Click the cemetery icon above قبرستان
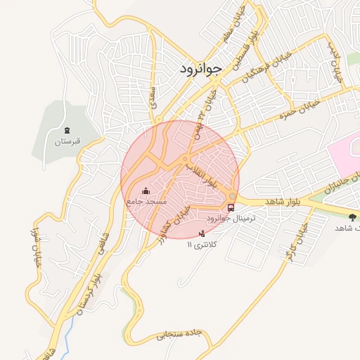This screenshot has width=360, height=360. (x=67, y=130)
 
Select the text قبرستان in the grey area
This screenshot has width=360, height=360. (x=68, y=142)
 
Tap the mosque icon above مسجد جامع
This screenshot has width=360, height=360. (x=146, y=190)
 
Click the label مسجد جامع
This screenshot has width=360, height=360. (x=146, y=202)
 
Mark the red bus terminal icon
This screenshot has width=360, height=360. (x=231, y=207)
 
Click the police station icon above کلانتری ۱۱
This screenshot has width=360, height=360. (x=203, y=233)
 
